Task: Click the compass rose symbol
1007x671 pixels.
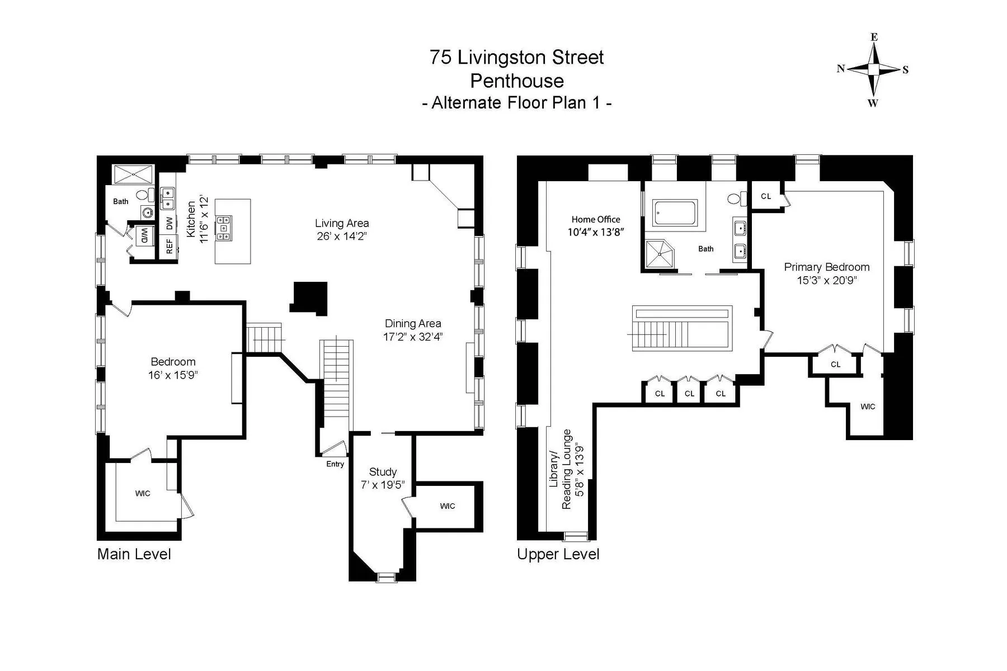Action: coord(873,69)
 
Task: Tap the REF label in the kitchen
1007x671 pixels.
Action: coord(169,246)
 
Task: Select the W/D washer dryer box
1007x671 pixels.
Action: coord(144,235)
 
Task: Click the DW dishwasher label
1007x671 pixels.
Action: coord(169,223)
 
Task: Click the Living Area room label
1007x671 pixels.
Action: coord(342,223)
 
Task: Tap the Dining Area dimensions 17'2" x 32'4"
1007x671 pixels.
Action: coord(413,337)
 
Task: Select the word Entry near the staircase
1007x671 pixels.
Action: coord(335,464)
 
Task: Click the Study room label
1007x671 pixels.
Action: coord(383,472)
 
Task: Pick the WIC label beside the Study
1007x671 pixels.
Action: coord(448,506)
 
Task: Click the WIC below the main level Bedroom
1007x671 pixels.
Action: coord(143,493)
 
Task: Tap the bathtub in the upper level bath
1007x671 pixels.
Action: coord(675,213)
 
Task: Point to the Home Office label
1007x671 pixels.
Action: coord(596,219)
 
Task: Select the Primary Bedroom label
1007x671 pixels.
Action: coord(826,267)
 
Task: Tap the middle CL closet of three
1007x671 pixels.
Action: coord(689,394)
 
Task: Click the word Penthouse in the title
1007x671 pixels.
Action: coord(516,81)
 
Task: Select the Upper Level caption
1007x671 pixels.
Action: coord(558,554)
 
